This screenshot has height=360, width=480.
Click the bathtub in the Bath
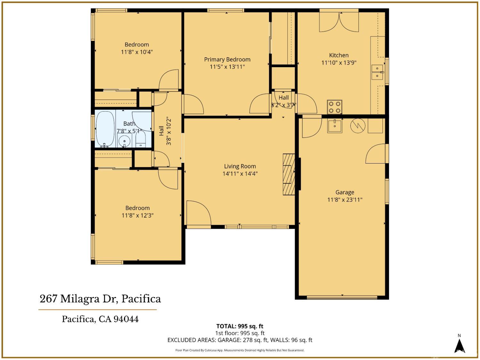105,129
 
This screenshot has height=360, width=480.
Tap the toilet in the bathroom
140,140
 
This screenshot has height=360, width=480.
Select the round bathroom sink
124,140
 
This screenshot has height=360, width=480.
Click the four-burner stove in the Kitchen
334,107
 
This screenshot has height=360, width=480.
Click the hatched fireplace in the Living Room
289,174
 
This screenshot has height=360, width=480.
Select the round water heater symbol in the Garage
358,126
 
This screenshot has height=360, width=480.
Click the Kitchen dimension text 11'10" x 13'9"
339,63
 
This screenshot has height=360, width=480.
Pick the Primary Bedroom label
227,60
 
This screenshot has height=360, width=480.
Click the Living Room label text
240,166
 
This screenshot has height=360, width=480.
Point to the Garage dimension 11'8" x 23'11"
345,200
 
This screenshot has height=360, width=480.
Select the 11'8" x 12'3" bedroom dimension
137,215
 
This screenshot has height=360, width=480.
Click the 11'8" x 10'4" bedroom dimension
137,52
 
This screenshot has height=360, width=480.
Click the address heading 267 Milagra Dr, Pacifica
100,299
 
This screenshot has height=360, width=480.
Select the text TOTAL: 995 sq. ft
240,326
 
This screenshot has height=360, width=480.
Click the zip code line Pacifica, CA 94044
100,319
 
